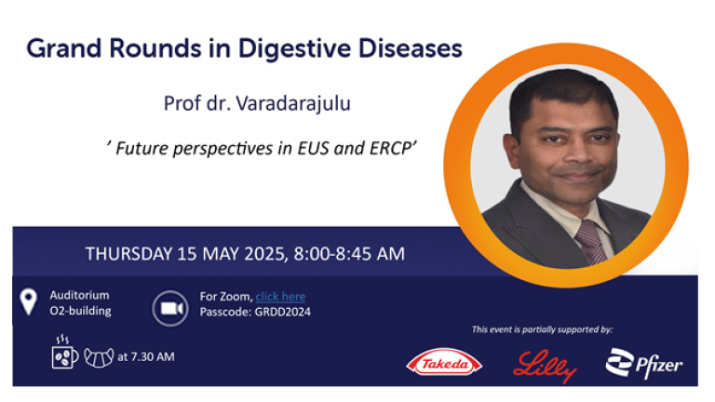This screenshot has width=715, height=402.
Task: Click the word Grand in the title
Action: (64, 48)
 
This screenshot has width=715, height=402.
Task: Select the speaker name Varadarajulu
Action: (293, 103)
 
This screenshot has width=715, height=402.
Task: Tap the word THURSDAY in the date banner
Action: (128, 254)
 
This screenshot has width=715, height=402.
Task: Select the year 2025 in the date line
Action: (266, 254)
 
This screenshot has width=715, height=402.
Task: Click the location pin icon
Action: (28, 301)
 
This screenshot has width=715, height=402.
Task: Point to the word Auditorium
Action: (79, 295)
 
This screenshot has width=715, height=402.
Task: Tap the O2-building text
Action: (80, 311)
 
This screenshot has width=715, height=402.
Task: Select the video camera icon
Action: (170, 309)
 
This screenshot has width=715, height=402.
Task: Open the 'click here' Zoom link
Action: (280, 297)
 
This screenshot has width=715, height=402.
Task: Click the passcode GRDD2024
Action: (283, 313)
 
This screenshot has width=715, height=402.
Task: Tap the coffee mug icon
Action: (64, 353)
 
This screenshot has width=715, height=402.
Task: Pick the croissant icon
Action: (99, 357)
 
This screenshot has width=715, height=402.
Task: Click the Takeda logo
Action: (444, 363)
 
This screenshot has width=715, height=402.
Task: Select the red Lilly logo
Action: (545, 366)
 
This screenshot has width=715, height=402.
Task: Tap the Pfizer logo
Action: (644, 363)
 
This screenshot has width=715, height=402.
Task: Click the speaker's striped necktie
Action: (590, 241)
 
